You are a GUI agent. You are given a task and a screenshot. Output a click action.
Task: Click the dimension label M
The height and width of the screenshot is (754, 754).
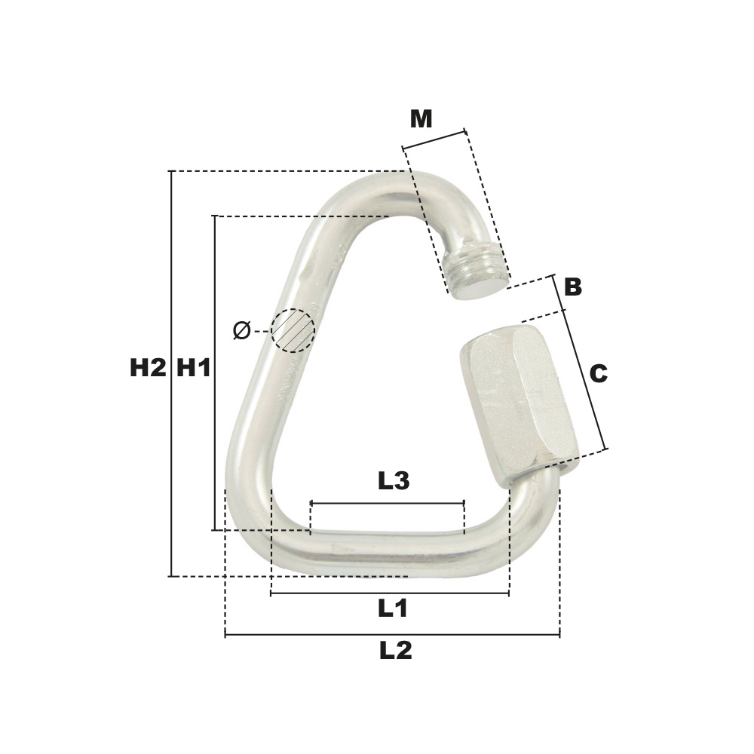421,119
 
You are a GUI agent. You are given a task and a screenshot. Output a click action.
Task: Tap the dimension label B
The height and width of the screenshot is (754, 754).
573,287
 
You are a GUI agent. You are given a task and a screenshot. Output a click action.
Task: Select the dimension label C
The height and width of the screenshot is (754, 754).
598,374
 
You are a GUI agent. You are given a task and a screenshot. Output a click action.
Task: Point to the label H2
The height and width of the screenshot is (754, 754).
148,369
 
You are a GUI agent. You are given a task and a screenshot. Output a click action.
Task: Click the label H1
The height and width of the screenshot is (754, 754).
195,369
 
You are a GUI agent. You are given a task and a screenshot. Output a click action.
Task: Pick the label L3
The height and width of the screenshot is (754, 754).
394,481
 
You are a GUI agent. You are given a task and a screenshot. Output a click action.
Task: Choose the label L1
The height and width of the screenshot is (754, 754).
393,608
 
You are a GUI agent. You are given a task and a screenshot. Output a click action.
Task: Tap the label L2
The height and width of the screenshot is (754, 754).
396,651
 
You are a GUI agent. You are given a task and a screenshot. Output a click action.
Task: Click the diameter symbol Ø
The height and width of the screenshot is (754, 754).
242,331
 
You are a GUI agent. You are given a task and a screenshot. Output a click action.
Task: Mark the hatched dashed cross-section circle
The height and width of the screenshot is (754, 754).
293,331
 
